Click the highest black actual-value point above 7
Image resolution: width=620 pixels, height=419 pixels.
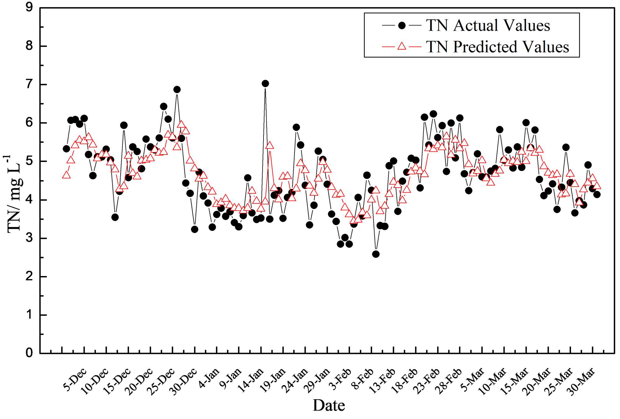point(265,83)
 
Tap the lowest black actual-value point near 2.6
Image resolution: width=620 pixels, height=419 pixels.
point(376,254)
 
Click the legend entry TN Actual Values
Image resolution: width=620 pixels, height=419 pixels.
point(488,25)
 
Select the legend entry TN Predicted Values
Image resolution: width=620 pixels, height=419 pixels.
point(497,47)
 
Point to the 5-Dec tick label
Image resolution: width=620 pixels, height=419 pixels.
point(75,380)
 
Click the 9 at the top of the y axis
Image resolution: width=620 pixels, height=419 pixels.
point(29,7)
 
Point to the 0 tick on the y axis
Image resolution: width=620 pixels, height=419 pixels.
point(29,353)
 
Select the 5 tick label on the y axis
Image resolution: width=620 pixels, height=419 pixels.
point(29,161)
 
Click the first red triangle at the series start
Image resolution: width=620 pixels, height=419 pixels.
point(66,175)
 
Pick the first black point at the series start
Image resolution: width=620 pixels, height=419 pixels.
point(66,149)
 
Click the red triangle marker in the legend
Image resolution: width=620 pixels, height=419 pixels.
point(402,47)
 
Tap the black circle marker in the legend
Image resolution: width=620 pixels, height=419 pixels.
point(402,25)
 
